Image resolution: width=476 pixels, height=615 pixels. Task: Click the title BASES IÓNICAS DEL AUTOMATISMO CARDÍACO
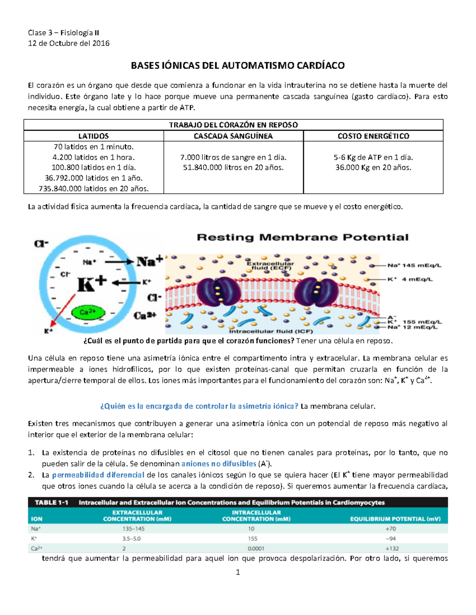[238, 66]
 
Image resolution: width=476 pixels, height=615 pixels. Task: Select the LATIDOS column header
[94, 136]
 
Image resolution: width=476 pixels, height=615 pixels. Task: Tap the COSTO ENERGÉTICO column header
[373, 136]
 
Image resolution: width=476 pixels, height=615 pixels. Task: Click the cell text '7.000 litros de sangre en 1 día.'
[233, 157]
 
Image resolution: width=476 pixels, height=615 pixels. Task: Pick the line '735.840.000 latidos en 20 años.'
[94, 189]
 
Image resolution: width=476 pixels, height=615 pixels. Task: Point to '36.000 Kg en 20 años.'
[373, 168]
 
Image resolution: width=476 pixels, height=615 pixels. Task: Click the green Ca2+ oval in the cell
[88, 312]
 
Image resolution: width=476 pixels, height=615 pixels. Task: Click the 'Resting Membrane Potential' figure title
[303, 238]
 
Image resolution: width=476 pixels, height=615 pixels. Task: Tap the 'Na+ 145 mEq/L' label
[414, 266]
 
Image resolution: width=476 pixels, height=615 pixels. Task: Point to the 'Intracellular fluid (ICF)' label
[271, 331]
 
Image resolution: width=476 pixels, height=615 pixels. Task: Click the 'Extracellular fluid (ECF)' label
[270, 265]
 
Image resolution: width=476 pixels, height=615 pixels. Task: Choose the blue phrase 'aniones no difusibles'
[219, 464]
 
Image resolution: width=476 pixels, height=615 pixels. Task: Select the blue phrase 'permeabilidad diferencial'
[98, 475]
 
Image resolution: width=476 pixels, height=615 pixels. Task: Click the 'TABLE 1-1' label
[51, 503]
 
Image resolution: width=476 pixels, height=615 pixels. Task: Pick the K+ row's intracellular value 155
[252, 539]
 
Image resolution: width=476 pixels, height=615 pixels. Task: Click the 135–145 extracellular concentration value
[134, 529]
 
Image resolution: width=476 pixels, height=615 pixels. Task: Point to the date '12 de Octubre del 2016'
[69, 43]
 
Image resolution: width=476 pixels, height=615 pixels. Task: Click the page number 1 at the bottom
[238, 572]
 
